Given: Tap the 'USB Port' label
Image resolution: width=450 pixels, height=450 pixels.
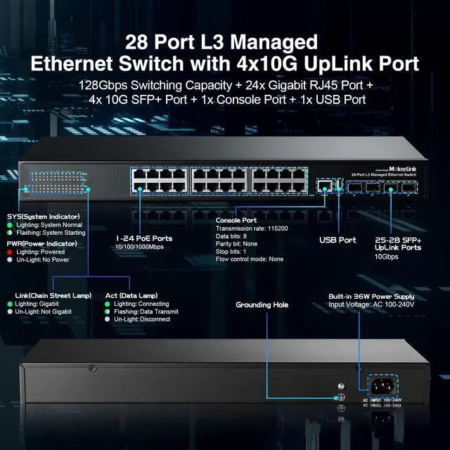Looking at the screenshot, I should point(337,240).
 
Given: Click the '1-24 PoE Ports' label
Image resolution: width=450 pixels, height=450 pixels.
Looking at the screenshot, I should point(145,238).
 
